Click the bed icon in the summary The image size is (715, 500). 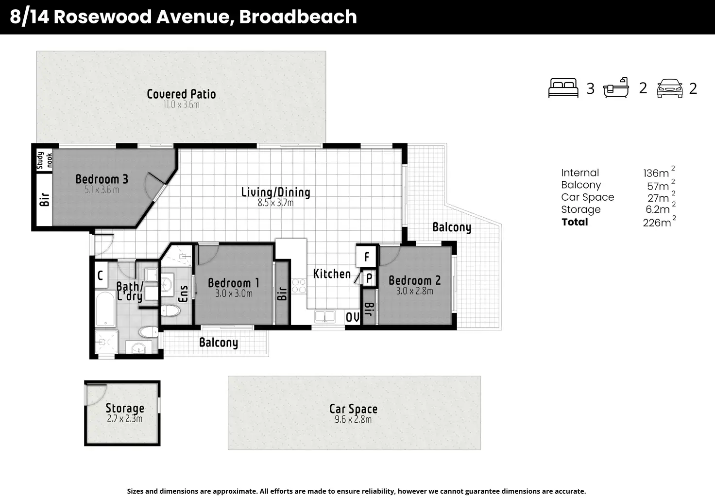coord(563,88)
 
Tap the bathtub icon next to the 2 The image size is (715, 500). coord(616,87)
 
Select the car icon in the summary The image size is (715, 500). coord(670,88)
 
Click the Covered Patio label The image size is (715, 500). coord(181,94)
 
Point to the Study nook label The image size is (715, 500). coord(44,160)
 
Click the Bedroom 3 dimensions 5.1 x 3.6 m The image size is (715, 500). coord(102,190)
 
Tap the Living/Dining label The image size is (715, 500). coord(275,192)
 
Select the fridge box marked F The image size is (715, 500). coord(366,256)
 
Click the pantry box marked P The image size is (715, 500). coord(369,278)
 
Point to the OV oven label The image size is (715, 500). coord(352,317)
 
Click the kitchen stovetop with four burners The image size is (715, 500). coord(299,286)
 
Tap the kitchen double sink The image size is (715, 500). coord(324,316)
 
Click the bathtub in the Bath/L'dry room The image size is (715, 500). coord(105,309)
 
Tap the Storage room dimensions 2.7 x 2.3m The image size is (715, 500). coord(124,418)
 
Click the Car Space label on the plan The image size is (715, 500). coord(353,409)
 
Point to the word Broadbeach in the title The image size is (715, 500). coord(298,17)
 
